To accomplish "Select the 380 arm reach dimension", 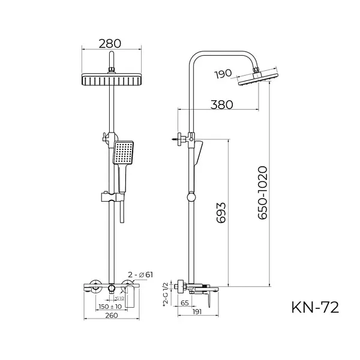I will click(221, 103).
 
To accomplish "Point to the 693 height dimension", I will click(221, 211).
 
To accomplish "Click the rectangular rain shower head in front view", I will click(112, 79).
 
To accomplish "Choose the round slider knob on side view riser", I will click(190, 196).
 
